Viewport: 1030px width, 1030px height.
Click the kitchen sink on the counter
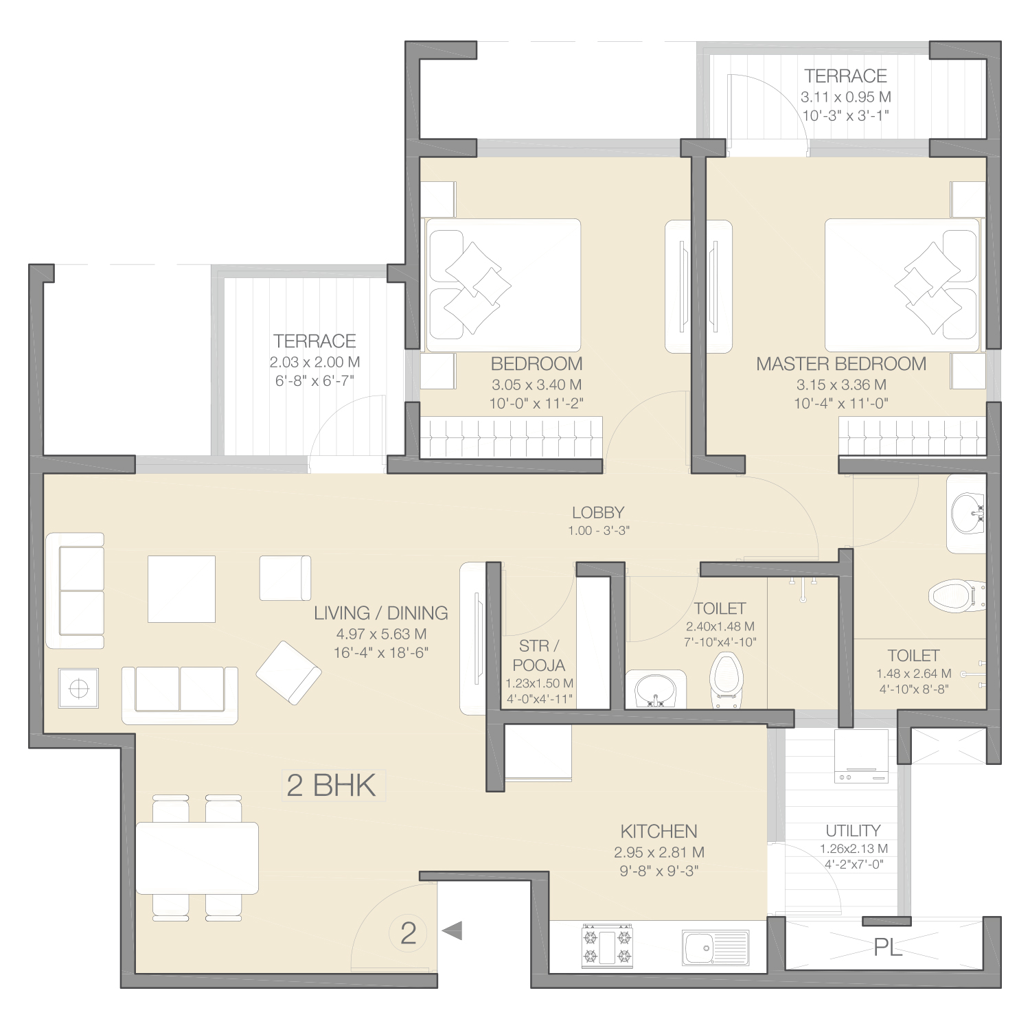click(716, 948)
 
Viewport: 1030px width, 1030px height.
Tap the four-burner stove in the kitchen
click(607, 946)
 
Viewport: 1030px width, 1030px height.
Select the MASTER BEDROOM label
click(841, 364)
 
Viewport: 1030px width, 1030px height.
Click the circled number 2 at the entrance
click(409, 933)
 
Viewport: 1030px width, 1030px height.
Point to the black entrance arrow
click(452, 931)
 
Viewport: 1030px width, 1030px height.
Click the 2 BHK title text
click(332, 786)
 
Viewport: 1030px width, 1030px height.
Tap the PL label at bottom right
click(888, 948)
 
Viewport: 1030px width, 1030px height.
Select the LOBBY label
click(598, 512)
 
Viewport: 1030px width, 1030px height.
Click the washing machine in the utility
click(862, 757)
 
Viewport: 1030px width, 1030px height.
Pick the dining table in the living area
click(197, 858)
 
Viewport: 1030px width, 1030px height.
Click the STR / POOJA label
click(539, 655)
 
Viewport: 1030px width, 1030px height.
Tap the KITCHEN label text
click(659, 832)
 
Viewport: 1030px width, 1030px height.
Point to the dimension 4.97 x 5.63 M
click(381, 634)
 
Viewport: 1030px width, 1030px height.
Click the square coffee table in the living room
click(181, 589)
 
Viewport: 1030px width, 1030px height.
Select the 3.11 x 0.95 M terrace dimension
click(846, 98)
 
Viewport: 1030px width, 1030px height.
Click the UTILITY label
click(853, 830)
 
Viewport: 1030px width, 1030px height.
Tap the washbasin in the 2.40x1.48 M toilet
click(656, 689)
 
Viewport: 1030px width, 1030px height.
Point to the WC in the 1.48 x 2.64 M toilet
click(957, 594)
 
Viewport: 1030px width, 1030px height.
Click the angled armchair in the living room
click(289, 673)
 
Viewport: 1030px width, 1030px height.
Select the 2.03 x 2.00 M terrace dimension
click(314, 362)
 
